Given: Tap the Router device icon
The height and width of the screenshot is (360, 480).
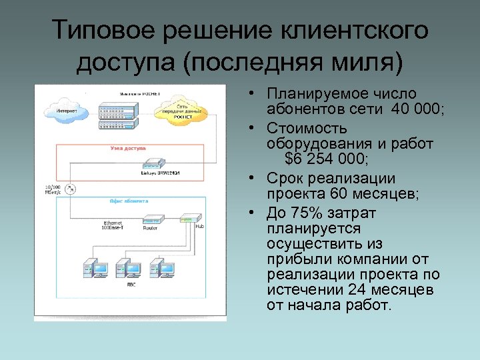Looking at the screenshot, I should coord(151,219).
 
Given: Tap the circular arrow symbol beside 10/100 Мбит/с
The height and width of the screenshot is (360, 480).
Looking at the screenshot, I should coord(71,189).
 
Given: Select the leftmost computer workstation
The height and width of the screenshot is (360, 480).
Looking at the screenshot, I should coord(95,269).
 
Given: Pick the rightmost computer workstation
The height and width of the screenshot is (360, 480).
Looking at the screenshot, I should coord(162,269).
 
